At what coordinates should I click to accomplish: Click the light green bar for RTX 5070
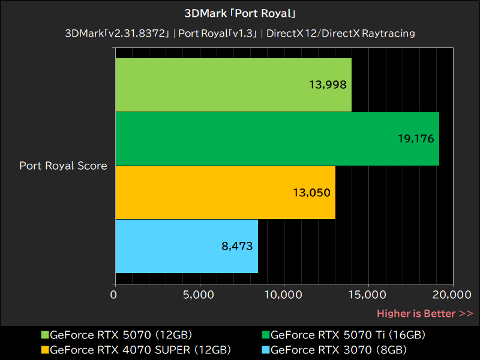point(233,85)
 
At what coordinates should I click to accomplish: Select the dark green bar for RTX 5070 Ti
point(277,139)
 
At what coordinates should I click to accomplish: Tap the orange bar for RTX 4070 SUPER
point(224,193)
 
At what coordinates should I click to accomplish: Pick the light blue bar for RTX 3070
point(186,246)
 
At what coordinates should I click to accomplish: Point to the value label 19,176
point(416,139)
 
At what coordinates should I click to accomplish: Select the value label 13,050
point(312,193)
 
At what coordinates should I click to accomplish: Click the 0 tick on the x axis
point(114,295)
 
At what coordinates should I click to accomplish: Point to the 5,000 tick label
point(199,295)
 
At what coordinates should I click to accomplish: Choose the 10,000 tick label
point(283,295)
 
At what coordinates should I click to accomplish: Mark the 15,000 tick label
point(368,295)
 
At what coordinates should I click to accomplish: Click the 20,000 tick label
point(452,295)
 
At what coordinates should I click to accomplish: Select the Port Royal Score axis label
point(63,166)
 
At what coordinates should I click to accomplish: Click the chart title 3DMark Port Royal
point(240,13)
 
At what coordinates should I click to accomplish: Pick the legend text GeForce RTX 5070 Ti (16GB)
point(348,335)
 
